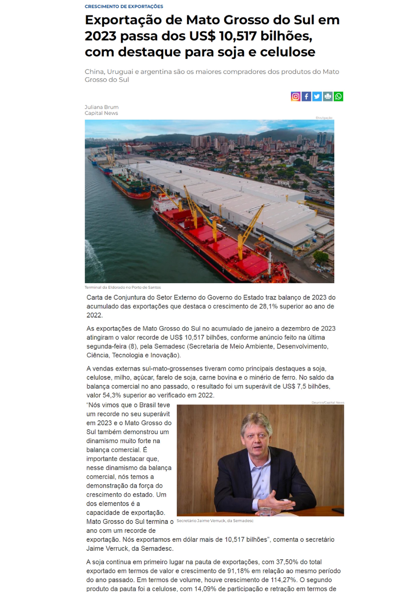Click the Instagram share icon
[296, 97]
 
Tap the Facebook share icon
[306, 97]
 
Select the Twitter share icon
[317, 97]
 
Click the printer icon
[328, 97]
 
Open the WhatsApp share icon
[338, 97]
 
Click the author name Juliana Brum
[102, 107]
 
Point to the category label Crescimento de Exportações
[124, 6]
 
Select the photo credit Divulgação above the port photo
[324, 118]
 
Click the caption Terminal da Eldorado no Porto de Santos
[123, 287]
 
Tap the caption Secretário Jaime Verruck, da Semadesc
[215, 521]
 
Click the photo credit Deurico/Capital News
[328, 403]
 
